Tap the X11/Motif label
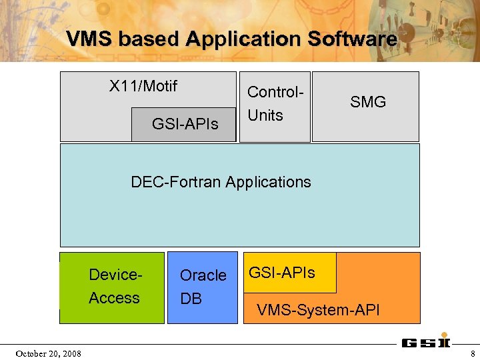tap(143, 86)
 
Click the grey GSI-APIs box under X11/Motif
tap(185, 123)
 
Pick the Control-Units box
tap(275, 106)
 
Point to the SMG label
tap(368, 102)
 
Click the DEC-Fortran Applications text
tap(221, 181)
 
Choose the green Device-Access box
tap(112, 287)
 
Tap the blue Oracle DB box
tap(203, 287)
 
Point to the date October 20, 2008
tap(49, 353)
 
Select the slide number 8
tap(473, 353)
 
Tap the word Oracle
tap(203, 275)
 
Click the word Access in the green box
tap(114, 298)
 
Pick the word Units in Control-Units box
tap(265, 115)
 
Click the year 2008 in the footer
tap(71, 353)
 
